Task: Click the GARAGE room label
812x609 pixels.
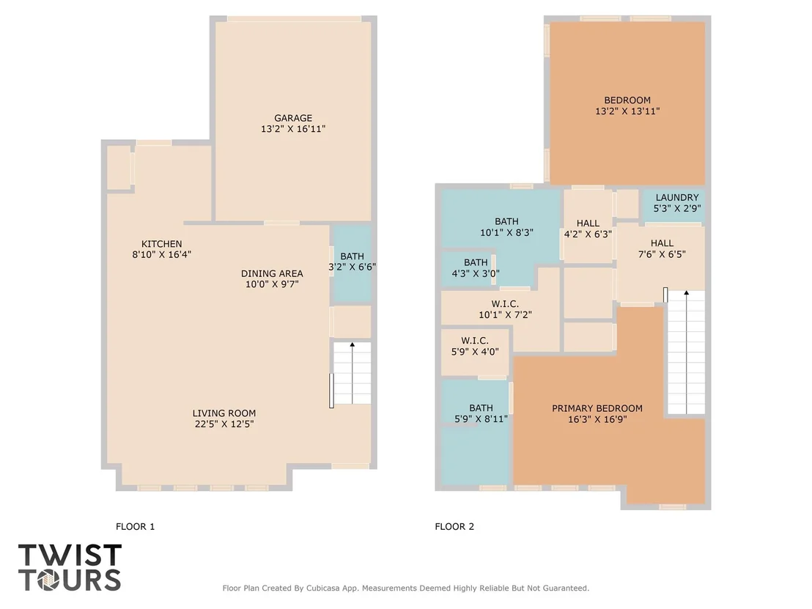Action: tap(293, 118)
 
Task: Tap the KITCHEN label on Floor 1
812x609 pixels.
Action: tap(161, 244)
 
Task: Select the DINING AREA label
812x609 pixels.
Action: tap(272, 273)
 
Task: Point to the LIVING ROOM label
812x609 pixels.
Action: tap(224, 413)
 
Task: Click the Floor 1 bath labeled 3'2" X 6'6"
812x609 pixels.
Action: tap(353, 262)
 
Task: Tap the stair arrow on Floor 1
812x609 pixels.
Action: tap(353, 373)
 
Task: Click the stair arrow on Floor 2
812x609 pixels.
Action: tap(686, 353)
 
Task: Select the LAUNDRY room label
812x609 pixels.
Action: tap(677, 197)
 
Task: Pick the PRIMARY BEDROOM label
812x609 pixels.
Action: tap(597, 408)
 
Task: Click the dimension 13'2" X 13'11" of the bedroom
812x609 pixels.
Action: tap(627, 111)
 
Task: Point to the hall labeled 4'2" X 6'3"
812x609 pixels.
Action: tap(588, 229)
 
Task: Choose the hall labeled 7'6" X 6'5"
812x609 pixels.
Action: tap(662, 248)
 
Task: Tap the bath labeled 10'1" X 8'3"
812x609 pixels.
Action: tap(506, 227)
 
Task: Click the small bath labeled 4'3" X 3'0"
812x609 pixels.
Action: tap(476, 267)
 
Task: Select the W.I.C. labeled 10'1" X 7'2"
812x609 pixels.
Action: tap(505, 309)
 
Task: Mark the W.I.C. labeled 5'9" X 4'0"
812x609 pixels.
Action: tap(475, 346)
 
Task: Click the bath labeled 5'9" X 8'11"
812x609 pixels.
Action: tap(481, 413)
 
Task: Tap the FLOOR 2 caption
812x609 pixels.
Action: tap(454, 527)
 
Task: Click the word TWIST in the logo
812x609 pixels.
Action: tap(70, 556)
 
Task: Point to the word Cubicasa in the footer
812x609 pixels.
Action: tap(325, 588)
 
